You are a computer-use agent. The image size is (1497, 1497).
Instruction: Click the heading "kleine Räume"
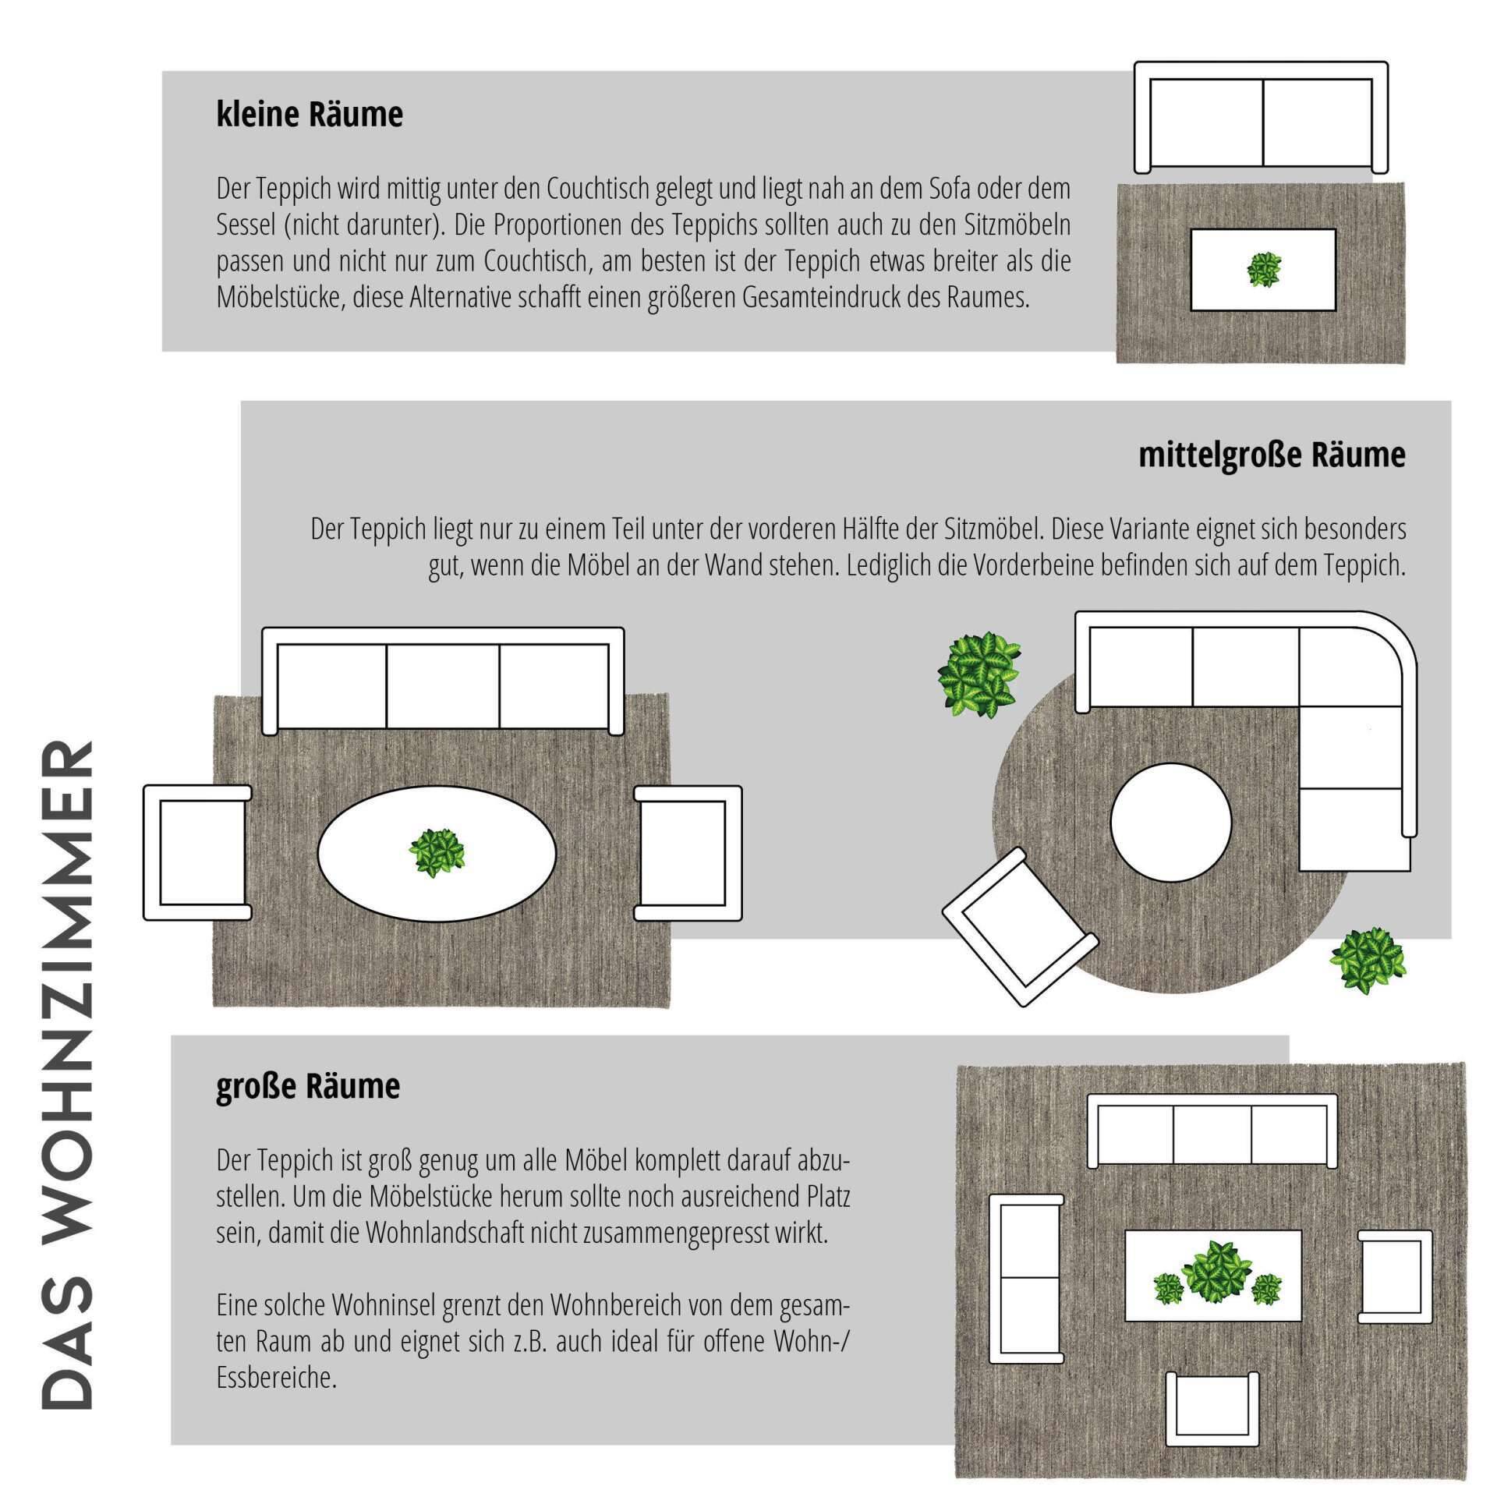(310, 115)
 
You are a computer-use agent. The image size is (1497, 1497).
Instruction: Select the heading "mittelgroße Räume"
(1272, 455)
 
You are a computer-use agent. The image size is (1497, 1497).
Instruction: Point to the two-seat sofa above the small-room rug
(1261, 117)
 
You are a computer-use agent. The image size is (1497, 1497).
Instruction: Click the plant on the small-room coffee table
(1263, 270)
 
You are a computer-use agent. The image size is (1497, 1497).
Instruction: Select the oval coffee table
(437, 854)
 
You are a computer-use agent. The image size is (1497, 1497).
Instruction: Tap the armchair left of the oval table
(198, 853)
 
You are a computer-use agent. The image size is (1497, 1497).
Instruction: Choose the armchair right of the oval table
(688, 853)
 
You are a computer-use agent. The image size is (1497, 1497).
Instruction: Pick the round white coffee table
(1170, 823)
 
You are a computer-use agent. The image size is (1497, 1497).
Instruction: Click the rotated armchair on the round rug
(1021, 927)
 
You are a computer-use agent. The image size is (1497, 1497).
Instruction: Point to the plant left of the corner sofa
(979, 676)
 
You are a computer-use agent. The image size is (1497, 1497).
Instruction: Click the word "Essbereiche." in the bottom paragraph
(277, 1377)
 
